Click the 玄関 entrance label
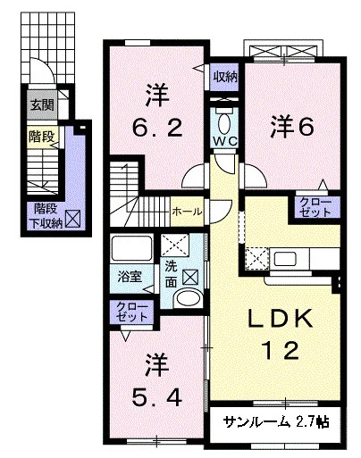pos(42,104)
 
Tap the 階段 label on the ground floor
pos(41,137)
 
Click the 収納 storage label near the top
pos(225,77)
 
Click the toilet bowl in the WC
pos(225,123)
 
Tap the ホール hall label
pos(187,212)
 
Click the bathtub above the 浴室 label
pos(131,248)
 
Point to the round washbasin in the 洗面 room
pos(188,298)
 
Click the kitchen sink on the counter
pos(285,258)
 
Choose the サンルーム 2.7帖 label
pos(276,421)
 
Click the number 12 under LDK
pos(280,350)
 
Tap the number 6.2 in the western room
pos(157,128)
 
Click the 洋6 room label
pos(292,128)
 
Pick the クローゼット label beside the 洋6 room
pos(315,207)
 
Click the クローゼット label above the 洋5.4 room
pos(131,312)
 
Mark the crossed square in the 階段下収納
pos(73,219)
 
